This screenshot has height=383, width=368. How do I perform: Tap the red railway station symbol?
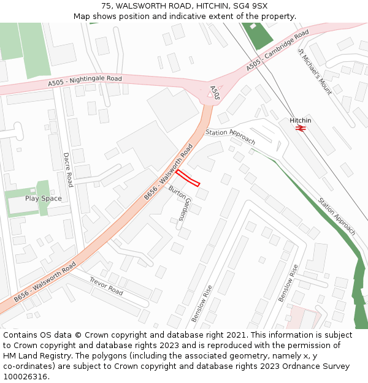click(301, 128)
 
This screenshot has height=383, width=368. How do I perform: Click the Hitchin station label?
click(301, 121)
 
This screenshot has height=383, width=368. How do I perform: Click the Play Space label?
click(43, 199)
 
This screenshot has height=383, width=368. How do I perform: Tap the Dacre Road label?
click(68, 170)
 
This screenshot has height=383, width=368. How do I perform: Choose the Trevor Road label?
click(106, 286)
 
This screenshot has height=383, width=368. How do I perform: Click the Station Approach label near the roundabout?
click(230, 136)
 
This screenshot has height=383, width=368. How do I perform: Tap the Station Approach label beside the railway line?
click(336, 216)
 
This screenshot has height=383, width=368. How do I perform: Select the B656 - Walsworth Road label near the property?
click(169, 172)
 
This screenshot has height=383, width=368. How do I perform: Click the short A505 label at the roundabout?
click(215, 93)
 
